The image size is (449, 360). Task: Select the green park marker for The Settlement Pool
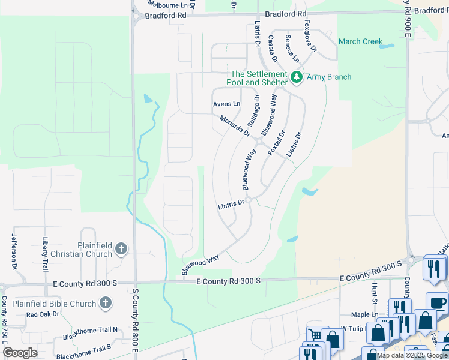[296, 77]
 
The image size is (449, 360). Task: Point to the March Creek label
[360, 41]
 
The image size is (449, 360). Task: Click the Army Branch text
[329, 77]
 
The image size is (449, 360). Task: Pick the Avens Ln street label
[226, 104]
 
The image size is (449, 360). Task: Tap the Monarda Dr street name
[234, 125]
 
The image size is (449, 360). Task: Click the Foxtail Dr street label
[276, 144]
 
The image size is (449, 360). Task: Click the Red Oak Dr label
[43, 314]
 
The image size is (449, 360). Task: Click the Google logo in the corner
[20, 352]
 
